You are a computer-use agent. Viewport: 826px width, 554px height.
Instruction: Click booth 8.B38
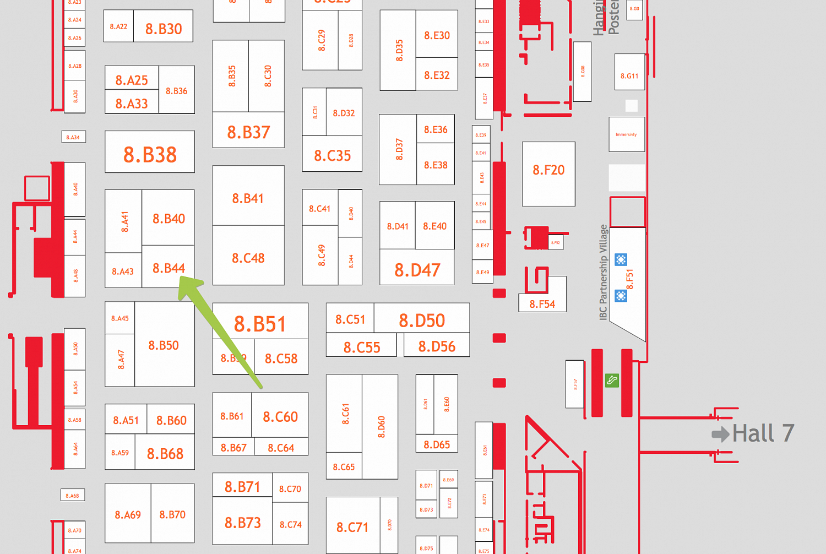[150, 155]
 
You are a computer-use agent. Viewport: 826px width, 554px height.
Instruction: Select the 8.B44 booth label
[169, 268]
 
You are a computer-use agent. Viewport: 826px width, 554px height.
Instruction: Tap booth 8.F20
[548, 170]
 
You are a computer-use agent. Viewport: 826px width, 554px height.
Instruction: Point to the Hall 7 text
[763, 433]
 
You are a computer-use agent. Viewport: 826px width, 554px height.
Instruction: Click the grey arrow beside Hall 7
[720, 434]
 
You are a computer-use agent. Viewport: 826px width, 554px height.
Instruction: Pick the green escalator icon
[612, 380]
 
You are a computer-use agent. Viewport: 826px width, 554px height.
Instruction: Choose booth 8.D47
[417, 270]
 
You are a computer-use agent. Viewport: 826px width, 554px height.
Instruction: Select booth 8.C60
[280, 417]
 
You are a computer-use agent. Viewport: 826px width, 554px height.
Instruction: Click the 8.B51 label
[260, 324]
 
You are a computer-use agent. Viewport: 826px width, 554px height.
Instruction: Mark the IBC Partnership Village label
[604, 272]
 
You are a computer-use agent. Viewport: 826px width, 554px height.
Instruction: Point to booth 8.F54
[542, 304]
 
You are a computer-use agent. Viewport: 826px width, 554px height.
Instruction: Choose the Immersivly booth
[626, 134]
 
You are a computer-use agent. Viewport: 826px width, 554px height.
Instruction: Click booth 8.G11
[629, 76]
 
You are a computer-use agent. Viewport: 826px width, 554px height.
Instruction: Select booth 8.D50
[422, 320]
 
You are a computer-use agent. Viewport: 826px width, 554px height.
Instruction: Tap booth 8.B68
[165, 454]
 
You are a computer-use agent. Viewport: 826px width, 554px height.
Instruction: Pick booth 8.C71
[352, 528]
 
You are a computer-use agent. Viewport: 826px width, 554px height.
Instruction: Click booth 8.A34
[73, 137]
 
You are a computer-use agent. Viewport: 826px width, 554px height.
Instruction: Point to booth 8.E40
[434, 226]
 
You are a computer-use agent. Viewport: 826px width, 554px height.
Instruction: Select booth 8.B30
[164, 29]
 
